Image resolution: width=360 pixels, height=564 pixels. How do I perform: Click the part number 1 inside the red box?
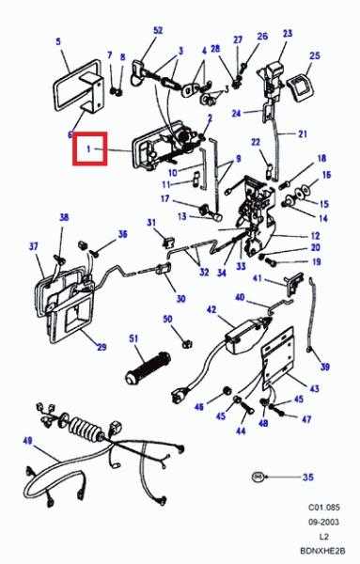point(88,149)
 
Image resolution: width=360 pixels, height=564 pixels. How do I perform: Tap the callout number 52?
point(158,31)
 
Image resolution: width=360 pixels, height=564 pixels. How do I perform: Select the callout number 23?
point(288,34)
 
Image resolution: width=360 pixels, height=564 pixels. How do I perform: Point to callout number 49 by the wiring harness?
point(27,441)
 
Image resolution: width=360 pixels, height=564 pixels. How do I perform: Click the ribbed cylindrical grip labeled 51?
point(148,368)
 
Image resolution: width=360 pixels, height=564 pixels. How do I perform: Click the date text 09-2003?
point(323,522)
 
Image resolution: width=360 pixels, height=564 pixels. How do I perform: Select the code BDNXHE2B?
point(322,551)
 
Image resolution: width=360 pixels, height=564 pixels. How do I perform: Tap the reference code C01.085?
point(323,508)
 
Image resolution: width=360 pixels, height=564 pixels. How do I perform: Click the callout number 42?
point(211,309)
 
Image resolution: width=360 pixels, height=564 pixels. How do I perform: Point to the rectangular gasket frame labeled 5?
point(76,86)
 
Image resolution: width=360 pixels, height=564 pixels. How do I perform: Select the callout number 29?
point(102,347)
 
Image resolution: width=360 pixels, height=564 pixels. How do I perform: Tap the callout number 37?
point(33,246)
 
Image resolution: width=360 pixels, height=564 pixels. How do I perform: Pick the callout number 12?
point(316,236)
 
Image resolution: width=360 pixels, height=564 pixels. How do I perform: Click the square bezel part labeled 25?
point(299,86)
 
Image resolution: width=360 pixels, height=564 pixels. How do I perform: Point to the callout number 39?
point(325,367)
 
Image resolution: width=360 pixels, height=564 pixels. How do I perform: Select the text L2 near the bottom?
point(323,537)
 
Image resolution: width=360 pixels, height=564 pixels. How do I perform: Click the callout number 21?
point(303,133)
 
